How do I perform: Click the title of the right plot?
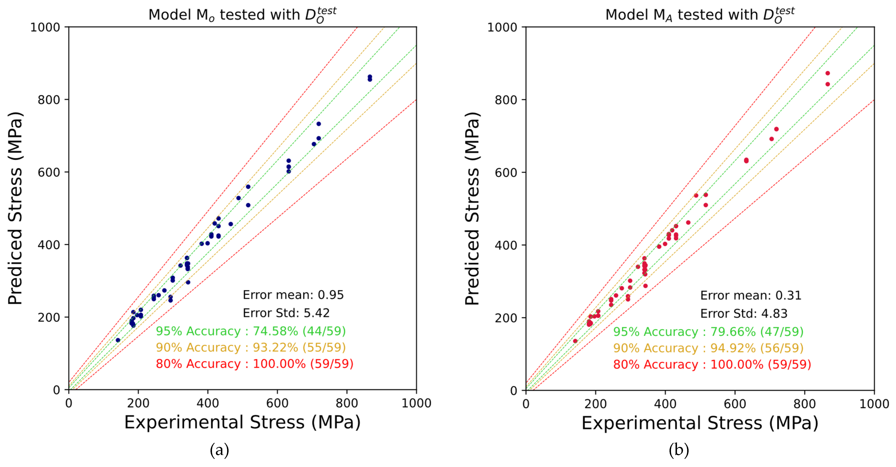tap(700, 15)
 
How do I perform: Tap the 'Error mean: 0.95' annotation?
tap(293, 295)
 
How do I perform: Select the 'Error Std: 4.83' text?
tap(744, 313)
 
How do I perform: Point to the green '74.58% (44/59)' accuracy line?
tap(250, 331)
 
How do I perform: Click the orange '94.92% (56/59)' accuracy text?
tap(708, 348)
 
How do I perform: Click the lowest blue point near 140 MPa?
tap(118, 340)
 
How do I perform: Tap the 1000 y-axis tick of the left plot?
tap(45, 27)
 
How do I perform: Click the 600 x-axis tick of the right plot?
tap(735, 404)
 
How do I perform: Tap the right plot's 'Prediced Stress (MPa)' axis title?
tap(472, 209)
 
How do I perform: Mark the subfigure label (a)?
tap(219, 450)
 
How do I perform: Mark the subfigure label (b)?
tap(679, 450)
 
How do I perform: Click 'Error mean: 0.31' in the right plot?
tap(751, 295)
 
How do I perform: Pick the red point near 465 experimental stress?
tap(688, 223)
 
